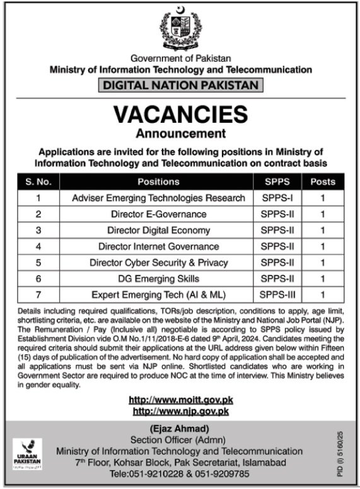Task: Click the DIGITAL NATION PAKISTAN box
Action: click(180, 84)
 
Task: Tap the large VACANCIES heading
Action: click(180, 114)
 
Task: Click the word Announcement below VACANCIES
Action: click(180, 133)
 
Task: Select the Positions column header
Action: click(158, 182)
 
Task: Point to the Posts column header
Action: click(322, 182)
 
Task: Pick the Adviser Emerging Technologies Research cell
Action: click(158, 198)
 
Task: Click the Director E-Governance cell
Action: click(158, 214)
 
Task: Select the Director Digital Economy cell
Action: click(158, 231)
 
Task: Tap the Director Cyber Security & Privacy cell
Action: click(158, 262)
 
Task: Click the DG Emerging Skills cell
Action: click(158, 278)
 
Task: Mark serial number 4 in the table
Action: click(38, 246)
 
